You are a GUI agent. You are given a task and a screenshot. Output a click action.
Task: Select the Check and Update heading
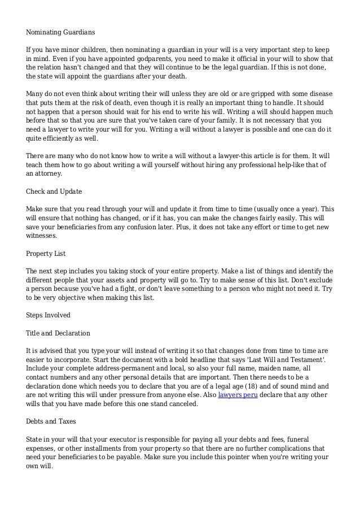click(x=54, y=191)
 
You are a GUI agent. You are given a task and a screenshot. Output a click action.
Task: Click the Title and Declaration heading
click(x=58, y=333)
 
